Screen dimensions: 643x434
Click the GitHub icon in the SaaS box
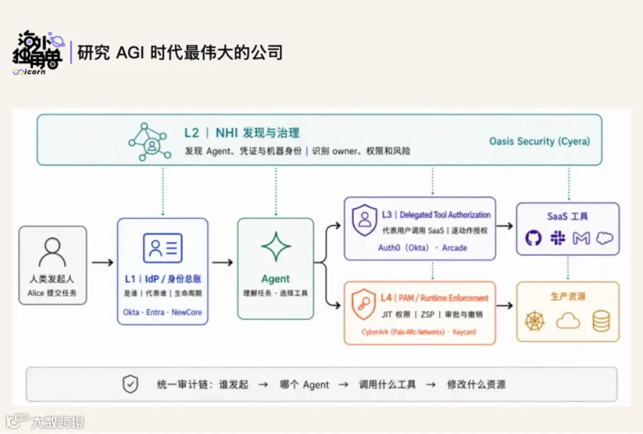pos(533,238)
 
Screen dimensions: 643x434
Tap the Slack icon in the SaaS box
pos(558,238)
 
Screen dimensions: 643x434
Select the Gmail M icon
pos(581,238)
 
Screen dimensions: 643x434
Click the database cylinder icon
pos(601,321)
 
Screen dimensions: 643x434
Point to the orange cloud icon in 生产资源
pos(568,321)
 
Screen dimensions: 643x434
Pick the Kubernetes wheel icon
pos(534,321)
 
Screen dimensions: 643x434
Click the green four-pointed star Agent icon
pos(276,247)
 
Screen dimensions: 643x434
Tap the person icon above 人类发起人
pos(52,252)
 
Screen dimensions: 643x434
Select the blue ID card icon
pos(163,248)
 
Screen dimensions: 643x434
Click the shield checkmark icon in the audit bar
pos(131,384)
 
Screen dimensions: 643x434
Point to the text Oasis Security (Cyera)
pos(539,142)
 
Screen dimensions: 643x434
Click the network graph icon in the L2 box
pos(150,142)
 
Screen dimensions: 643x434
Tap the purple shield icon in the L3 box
pos(364,220)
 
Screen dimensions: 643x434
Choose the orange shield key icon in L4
pos(364,304)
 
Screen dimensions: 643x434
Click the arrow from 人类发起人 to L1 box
pos(102,262)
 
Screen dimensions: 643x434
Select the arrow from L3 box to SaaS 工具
pos(505,226)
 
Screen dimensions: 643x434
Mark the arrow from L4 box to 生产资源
pos(505,305)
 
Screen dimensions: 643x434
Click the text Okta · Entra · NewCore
pos(162,312)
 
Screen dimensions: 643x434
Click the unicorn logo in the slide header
pos(38,52)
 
